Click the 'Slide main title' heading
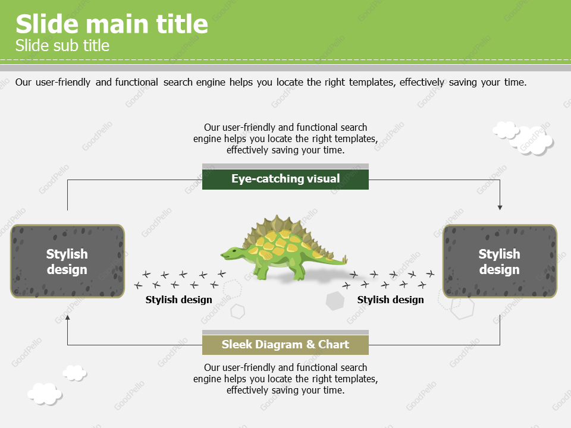pyautogui.click(x=112, y=24)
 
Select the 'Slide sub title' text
pyautogui.click(x=62, y=46)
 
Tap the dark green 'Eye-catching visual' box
pyautogui.click(x=285, y=179)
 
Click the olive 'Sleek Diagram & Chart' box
pyautogui.click(x=285, y=345)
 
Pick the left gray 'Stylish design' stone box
pyautogui.click(x=67, y=262)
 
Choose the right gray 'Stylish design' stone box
pyautogui.click(x=500, y=262)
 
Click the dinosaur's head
pyautogui.click(x=230, y=254)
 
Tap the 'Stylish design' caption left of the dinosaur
pyautogui.click(x=179, y=300)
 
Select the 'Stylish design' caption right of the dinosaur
pyautogui.click(x=391, y=300)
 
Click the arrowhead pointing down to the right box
pyautogui.click(x=500, y=207)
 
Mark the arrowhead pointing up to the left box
pyautogui.click(x=67, y=318)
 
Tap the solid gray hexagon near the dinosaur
pyautogui.click(x=335, y=301)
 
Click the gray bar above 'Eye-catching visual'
pyautogui.click(x=285, y=166)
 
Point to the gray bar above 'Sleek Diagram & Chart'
pyautogui.click(x=285, y=333)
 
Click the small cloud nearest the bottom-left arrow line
pyautogui.click(x=74, y=373)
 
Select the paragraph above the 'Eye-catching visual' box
pyautogui.click(x=285, y=139)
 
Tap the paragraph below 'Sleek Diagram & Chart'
pyautogui.click(x=285, y=379)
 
